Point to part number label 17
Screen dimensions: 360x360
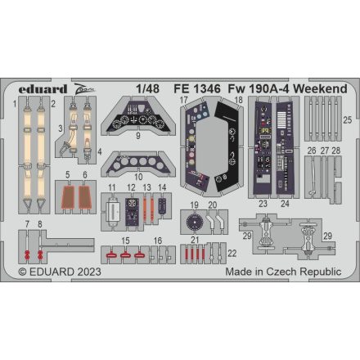point(186,101)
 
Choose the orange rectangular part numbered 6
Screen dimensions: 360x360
point(85,197)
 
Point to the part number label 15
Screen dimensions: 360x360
point(127,240)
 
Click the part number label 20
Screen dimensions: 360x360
point(213,205)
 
